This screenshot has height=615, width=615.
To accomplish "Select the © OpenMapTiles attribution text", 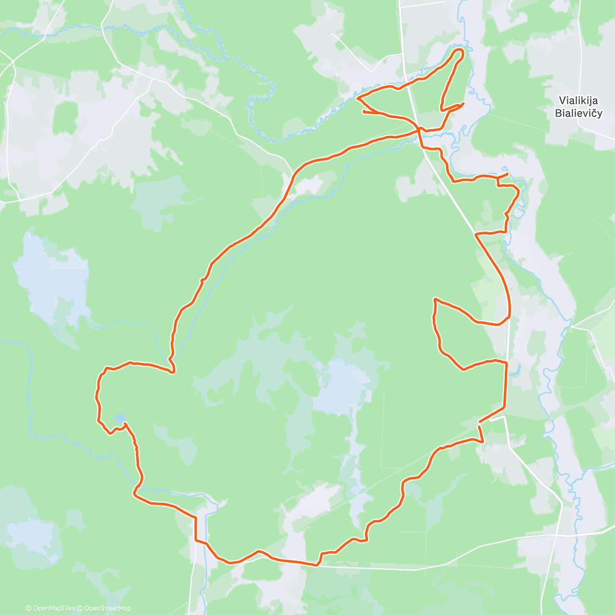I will (50, 608).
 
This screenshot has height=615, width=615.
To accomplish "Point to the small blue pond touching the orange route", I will (118, 419).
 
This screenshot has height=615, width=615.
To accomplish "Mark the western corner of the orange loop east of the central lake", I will (435, 299).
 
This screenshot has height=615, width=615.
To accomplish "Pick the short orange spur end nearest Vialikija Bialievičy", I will (507, 174).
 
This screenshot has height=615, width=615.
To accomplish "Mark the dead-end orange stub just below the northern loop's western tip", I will (363, 110).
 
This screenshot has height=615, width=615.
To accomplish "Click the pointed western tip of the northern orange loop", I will (357, 97).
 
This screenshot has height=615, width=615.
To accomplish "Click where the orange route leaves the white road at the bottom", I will (316, 565).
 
